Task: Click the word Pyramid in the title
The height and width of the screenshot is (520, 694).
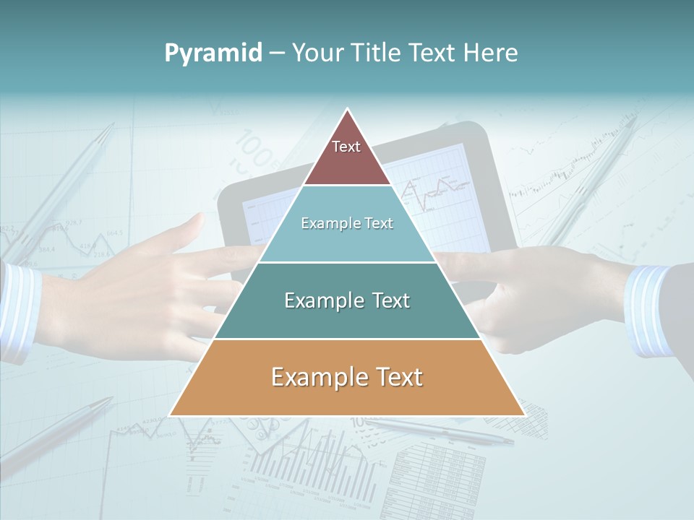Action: [213, 53]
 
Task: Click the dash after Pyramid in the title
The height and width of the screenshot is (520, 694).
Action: [277, 53]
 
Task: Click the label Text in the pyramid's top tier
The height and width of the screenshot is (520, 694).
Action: [346, 147]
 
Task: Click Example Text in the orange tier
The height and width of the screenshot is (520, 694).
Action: [347, 377]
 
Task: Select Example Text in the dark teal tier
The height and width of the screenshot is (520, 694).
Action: [347, 300]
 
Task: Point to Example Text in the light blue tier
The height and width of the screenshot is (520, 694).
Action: [347, 223]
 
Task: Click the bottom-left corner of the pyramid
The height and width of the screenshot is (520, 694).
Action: [171, 415]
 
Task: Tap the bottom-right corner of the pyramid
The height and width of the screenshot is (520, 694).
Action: [524, 415]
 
